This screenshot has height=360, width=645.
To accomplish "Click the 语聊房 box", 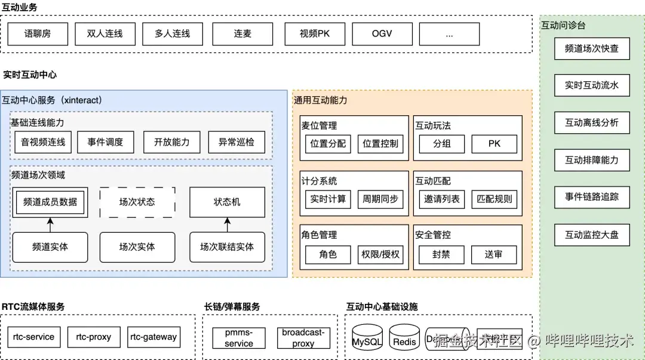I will pos(38,34).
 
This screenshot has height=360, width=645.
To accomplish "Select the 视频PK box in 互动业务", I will pos(315,34).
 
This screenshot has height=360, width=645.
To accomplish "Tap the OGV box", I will pos(382,34).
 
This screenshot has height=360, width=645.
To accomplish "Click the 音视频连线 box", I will pos(43,142).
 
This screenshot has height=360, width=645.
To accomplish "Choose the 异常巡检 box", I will pos(236,142).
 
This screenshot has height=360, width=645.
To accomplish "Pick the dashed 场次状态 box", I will pos(137,202).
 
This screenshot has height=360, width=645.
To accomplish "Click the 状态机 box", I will pos(227,202).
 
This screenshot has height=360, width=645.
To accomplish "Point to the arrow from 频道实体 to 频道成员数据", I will pos(50,224).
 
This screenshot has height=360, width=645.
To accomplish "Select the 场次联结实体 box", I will pos(227,247).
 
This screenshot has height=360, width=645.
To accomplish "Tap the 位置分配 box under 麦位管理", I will pos(328,144).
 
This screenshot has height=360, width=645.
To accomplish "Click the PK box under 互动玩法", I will pos(494,144).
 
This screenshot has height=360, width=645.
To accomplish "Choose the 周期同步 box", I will pos(380,199).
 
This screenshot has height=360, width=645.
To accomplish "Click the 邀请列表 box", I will pos(442,199).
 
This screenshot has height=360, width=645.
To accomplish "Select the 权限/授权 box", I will pos(380,254).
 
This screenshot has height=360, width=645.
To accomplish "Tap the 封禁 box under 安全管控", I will pos(441,254).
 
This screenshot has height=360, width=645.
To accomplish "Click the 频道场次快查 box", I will pos(592,49).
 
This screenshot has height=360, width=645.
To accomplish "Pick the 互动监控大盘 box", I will pos(592,235).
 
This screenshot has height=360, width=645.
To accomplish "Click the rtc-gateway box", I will pos(153,337).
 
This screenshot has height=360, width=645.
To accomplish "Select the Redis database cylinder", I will pos(404,338).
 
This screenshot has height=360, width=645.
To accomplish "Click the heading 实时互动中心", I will pos(30,75).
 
